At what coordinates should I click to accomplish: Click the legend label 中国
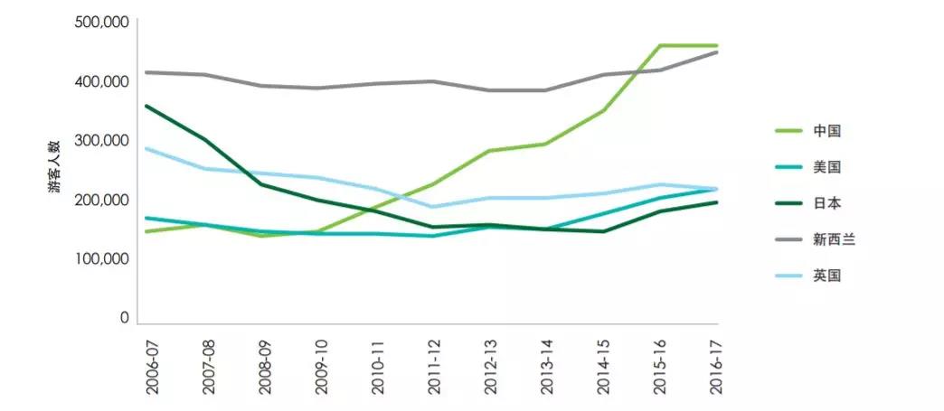click(x=827, y=131)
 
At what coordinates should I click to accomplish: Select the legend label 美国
click(x=827, y=167)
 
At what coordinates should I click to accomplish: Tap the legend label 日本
click(x=827, y=203)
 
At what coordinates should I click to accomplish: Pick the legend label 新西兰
click(x=834, y=239)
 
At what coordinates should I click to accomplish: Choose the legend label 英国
click(x=827, y=276)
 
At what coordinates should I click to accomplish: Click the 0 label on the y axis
click(x=126, y=318)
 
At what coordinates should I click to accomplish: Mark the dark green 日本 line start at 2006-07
click(x=146, y=106)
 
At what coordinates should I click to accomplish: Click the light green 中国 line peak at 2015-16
click(x=661, y=45)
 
